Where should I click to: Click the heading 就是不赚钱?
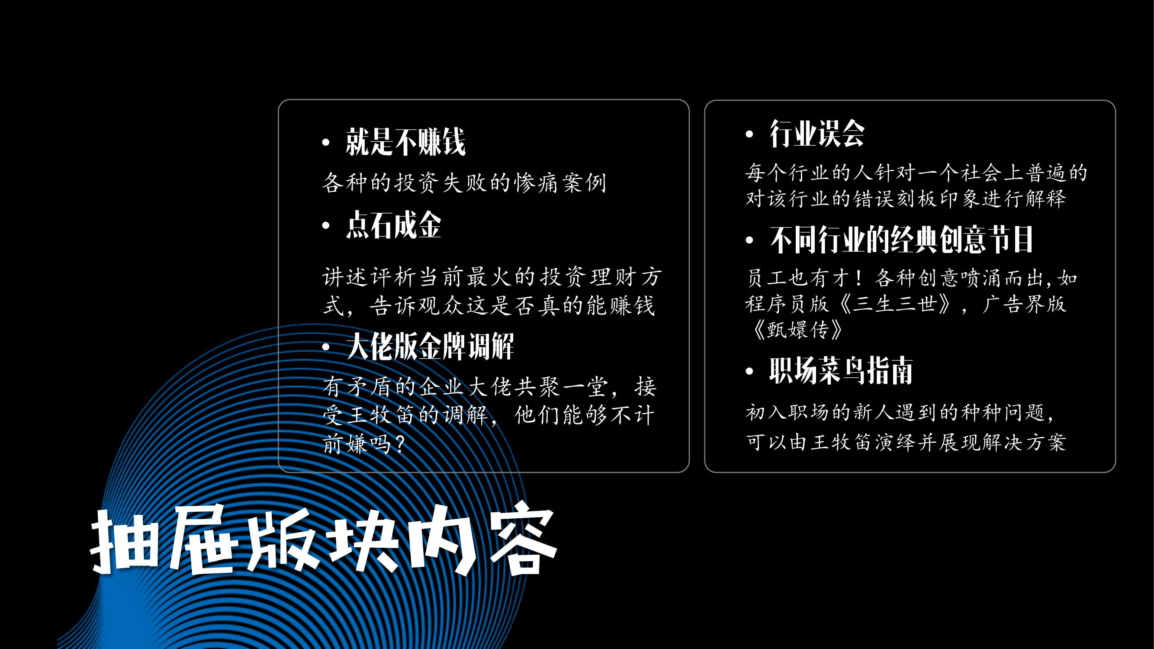click(405, 142)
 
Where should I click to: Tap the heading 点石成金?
click(393, 225)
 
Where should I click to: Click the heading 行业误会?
click(816, 133)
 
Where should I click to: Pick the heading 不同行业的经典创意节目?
click(901, 240)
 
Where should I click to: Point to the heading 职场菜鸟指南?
click(841, 370)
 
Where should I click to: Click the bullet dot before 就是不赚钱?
click(326, 143)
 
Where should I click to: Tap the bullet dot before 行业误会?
click(749, 134)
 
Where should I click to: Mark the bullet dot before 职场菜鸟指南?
click(749, 371)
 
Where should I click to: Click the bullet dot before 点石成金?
click(326, 226)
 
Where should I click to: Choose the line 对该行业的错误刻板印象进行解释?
click(905, 199)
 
